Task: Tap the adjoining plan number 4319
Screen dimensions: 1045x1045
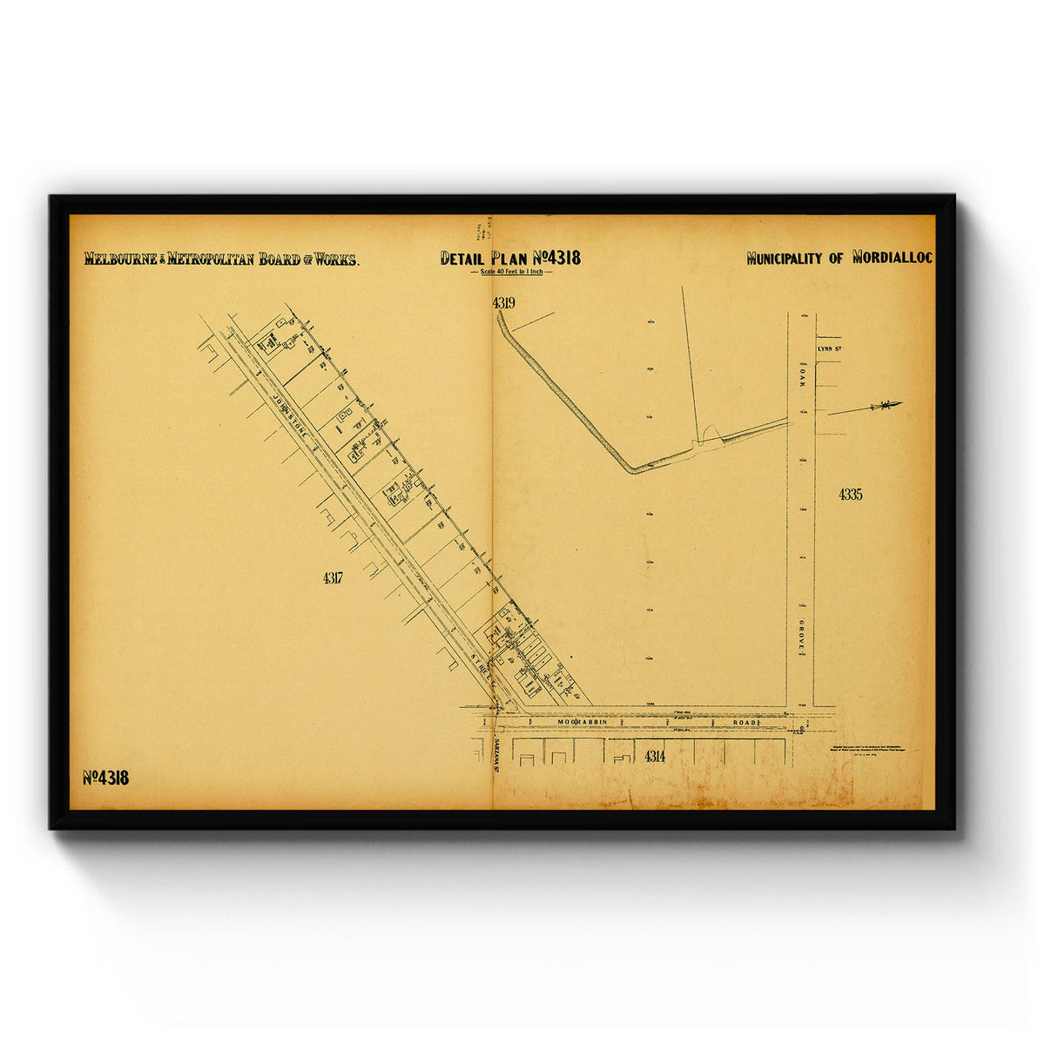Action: (503, 303)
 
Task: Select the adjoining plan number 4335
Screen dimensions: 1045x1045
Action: (850, 495)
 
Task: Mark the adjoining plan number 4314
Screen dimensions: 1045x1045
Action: (655, 756)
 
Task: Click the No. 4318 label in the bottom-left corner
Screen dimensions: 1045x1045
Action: (106, 778)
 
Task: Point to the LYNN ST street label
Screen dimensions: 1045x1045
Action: (829, 349)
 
